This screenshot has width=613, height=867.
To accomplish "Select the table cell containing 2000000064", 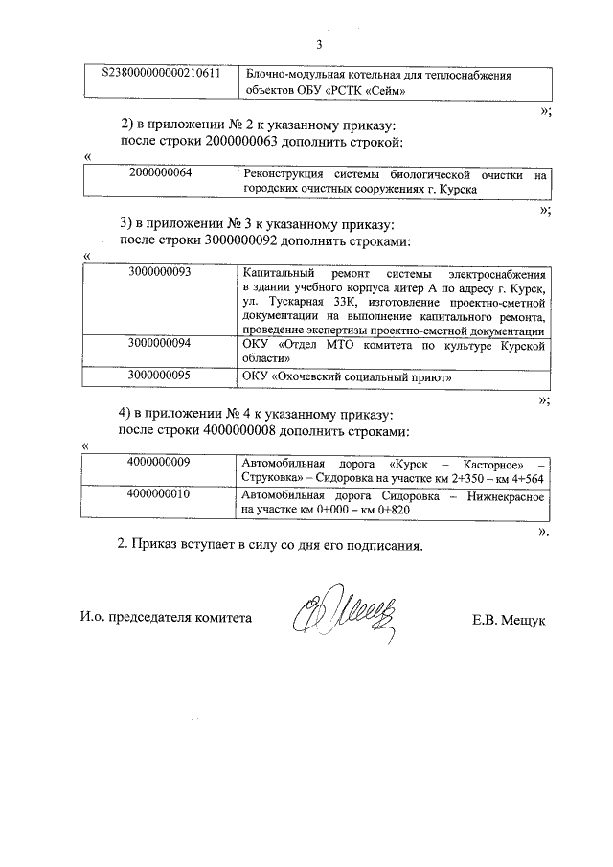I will [x=160, y=173].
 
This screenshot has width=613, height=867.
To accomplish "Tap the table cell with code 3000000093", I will [x=160, y=272].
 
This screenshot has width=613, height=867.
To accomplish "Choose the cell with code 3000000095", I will [x=160, y=376].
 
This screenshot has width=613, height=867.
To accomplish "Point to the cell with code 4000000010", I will [x=160, y=495].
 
